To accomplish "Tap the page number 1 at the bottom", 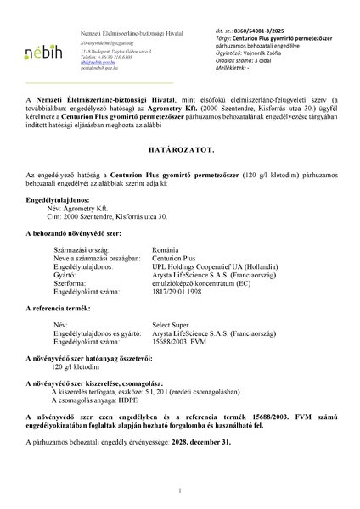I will click(180, 491).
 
